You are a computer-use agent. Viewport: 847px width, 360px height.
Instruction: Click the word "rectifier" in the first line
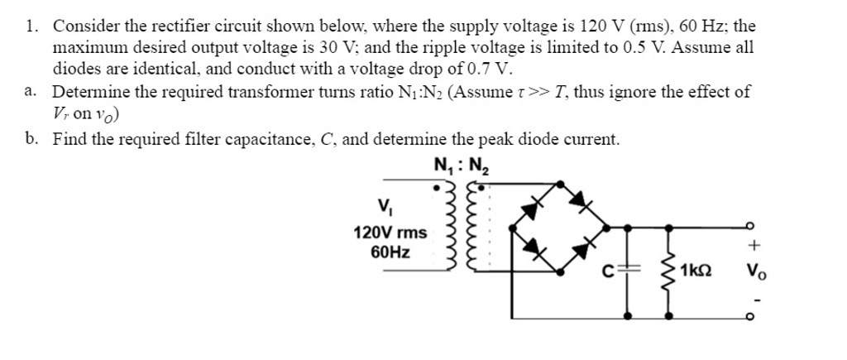point(150,26)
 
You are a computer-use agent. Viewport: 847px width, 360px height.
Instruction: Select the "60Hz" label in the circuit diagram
point(388,251)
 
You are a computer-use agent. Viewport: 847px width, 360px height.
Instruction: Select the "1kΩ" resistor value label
point(699,271)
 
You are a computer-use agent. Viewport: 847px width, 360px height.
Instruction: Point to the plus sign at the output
point(753,246)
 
